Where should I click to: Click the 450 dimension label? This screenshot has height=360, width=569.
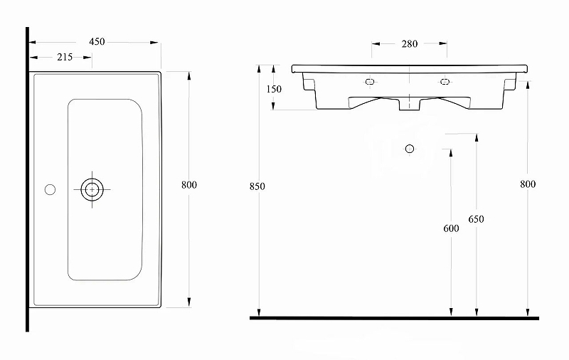97,42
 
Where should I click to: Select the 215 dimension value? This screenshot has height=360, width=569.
65,57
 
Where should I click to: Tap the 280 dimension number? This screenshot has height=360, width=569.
410,44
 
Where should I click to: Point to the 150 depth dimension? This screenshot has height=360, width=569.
274,89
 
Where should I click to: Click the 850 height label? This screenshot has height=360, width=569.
257,186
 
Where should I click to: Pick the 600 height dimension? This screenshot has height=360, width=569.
451,228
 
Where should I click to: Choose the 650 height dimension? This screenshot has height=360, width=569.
476,219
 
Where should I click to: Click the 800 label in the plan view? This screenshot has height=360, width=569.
189,185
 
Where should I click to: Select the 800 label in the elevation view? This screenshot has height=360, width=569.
528,184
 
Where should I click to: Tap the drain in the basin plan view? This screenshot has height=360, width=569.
92,189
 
